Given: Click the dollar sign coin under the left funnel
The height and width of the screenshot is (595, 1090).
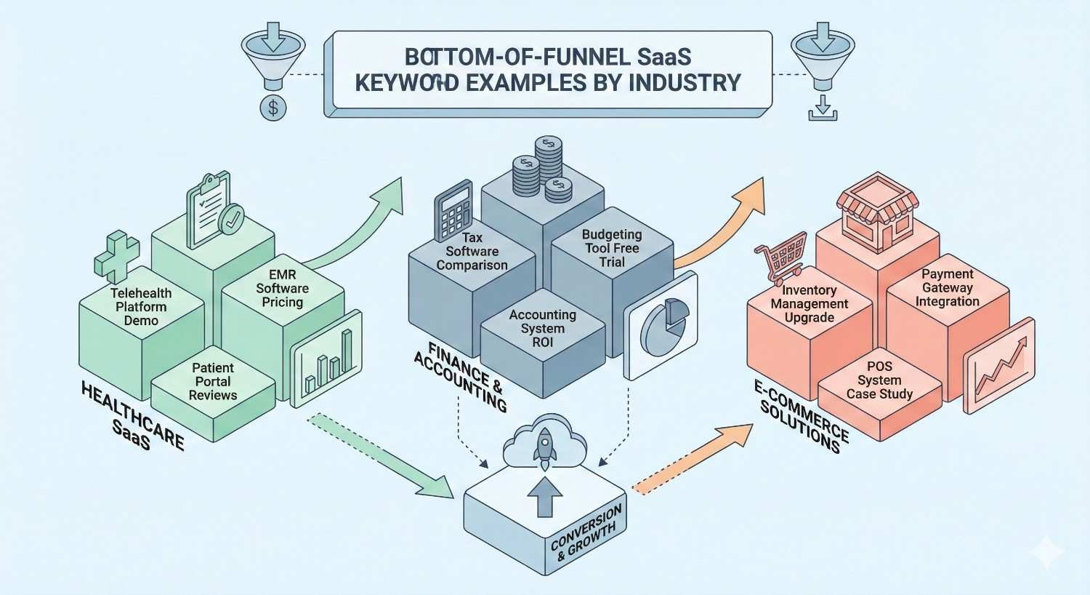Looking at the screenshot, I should [x=273, y=108].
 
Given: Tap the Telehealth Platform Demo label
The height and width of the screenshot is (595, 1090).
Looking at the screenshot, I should [x=141, y=306].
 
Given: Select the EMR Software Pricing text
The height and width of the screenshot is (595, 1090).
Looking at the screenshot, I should [x=282, y=288].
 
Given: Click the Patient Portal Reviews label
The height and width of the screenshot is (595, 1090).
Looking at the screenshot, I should [x=213, y=381].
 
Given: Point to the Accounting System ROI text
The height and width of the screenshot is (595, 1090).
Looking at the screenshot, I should [x=542, y=328].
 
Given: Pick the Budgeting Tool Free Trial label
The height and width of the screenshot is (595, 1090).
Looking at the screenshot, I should [x=612, y=248].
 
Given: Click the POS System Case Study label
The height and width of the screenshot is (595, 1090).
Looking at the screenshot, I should [x=879, y=380].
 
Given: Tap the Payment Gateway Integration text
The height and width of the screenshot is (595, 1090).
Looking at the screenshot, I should [x=947, y=287].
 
